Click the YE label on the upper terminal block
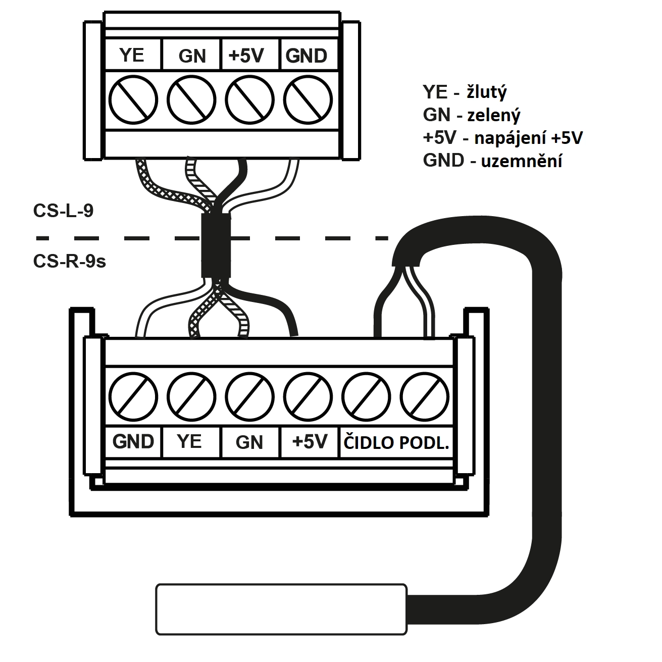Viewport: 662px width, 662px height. [132, 56]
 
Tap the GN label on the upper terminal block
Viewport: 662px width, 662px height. [192, 56]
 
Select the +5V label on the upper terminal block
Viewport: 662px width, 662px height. [246, 56]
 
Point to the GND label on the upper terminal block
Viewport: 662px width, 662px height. [306, 56]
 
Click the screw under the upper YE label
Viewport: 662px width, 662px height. [133, 100]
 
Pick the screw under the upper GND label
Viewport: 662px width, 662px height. [308, 100]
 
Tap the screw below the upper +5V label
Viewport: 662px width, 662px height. [250, 100]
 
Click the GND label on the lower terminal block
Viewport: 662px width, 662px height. [133, 442]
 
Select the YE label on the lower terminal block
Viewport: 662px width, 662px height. [189, 441]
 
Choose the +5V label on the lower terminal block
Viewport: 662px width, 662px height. [310, 441]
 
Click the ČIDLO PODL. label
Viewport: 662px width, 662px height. [396, 442]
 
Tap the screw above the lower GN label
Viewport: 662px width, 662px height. [250, 397]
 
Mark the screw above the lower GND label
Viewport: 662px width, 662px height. [133, 397]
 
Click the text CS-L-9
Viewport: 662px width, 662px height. [63, 211]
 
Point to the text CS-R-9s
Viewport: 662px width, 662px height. [69, 262]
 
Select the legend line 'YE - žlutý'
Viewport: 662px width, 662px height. [465, 92]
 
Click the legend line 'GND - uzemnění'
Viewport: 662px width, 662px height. [492, 161]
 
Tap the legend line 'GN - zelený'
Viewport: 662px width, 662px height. [471, 115]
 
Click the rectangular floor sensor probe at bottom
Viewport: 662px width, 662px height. [281, 614]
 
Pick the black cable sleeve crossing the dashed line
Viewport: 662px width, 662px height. [216, 245]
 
